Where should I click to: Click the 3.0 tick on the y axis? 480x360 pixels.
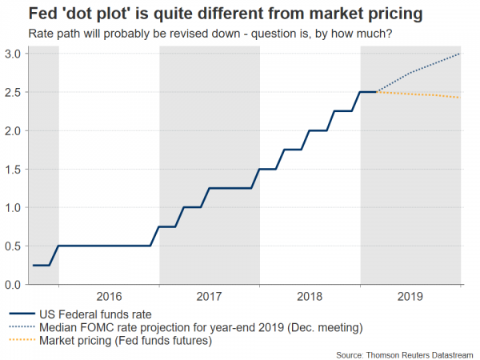(x=14, y=54)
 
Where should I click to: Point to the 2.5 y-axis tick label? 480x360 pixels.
(x=14, y=92)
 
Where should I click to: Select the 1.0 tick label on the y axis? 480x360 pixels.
(x=14, y=207)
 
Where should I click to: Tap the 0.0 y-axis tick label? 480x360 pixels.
(x=14, y=284)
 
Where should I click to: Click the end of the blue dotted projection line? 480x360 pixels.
(x=460, y=54)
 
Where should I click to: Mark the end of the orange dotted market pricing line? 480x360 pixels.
(x=460, y=98)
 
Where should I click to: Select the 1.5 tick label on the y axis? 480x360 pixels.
(x=14, y=169)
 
